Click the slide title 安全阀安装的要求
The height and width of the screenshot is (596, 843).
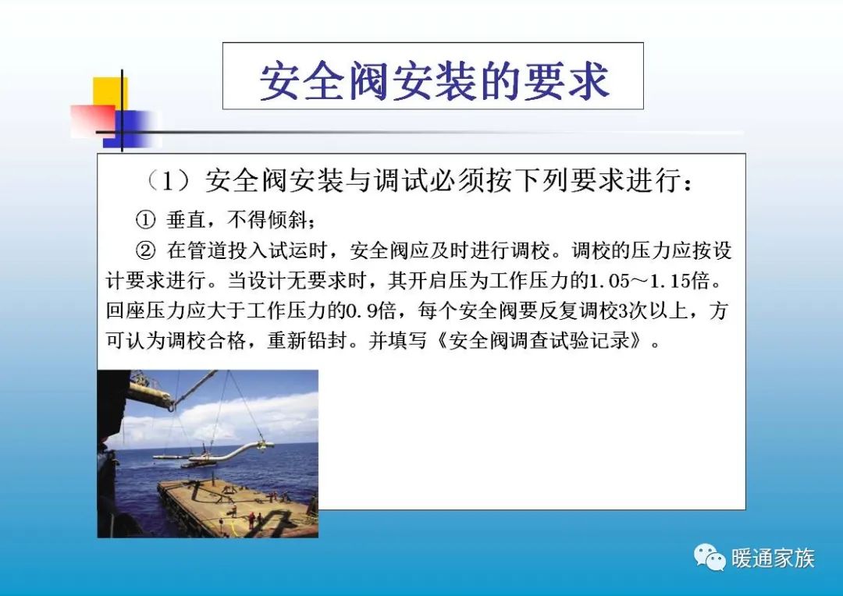point(433,80)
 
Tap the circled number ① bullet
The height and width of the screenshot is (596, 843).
point(148,220)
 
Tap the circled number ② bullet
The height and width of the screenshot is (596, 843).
point(148,251)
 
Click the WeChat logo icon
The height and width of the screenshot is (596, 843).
point(710,558)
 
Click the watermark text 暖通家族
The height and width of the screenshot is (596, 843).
point(773,559)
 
